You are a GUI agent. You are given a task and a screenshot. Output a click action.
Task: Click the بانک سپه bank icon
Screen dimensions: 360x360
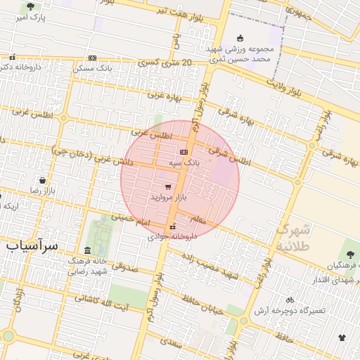point(184,151)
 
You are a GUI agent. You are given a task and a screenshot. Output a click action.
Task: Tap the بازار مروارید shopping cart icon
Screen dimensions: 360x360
point(167,187)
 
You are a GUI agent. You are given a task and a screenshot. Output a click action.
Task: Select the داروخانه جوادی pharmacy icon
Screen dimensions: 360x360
point(173,226)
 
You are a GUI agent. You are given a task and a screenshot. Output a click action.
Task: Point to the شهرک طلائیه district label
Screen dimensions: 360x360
point(292,237)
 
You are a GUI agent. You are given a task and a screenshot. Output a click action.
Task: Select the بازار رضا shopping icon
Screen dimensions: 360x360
point(42,180)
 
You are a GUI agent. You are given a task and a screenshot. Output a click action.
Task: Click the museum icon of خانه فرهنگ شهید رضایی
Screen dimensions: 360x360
point(87,250)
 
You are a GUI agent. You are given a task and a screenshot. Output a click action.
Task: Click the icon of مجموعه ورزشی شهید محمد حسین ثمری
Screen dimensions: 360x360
point(240,38)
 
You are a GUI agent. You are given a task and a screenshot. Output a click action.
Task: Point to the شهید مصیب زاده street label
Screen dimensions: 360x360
point(207,269)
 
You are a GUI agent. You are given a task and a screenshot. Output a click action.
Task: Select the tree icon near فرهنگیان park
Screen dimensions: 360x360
point(350,254)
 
